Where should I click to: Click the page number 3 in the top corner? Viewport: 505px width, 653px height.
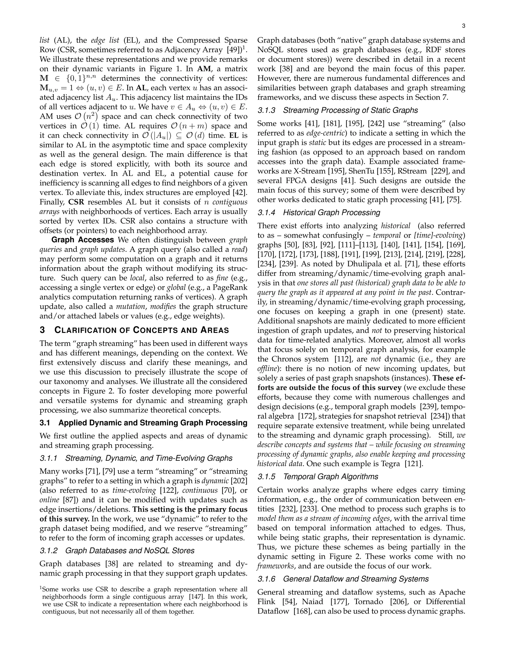463,26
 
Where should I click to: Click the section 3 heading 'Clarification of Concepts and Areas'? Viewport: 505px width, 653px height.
134,330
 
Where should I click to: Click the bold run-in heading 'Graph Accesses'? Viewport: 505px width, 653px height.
83,240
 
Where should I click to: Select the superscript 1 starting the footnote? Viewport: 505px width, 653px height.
41,588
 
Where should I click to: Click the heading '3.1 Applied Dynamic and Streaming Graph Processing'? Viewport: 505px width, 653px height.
143,423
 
